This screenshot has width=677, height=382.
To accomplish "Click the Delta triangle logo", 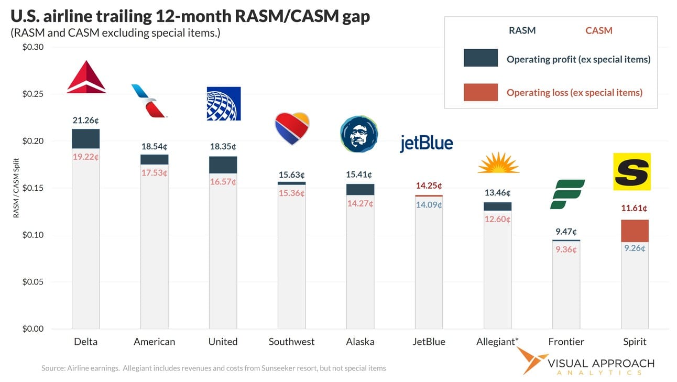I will pyautogui.click(x=86, y=78).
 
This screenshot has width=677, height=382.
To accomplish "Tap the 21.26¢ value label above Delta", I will pyautogui.click(x=85, y=121).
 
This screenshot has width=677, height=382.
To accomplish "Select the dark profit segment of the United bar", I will pyautogui.click(x=223, y=165).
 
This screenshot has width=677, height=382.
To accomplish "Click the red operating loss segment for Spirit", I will pyautogui.click(x=635, y=231).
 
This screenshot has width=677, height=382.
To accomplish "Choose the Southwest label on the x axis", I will pyautogui.click(x=291, y=342).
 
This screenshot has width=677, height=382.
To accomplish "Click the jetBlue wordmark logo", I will pyautogui.click(x=426, y=143).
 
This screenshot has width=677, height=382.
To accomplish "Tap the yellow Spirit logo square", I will pyautogui.click(x=631, y=172).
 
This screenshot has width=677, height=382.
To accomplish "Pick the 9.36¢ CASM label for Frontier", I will pyautogui.click(x=566, y=249).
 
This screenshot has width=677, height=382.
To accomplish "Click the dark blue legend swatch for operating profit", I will pyautogui.click(x=481, y=58).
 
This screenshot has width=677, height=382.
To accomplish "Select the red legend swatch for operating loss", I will pyautogui.click(x=481, y=92).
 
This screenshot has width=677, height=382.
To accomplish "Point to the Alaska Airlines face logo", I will pyautogui.click(x=359, y=134).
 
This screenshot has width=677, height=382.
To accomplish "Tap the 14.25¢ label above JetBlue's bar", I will pyautogui.click(x=429, y=185).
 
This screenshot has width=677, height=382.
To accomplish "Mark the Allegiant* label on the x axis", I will pyautogui.click(x=497, y=342).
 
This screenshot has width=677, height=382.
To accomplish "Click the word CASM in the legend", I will pyautogui.click(x=598, y=30).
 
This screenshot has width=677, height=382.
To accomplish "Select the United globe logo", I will pyautogui.click(x=223, y=103).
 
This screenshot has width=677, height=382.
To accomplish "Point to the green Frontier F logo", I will pyautogui.click(x=567, y=194).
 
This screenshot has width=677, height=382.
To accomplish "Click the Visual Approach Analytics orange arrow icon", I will pyautogui.click(x=531, y=361).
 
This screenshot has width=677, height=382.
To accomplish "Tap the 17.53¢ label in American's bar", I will pyautogui.click(x=154, y=172).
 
